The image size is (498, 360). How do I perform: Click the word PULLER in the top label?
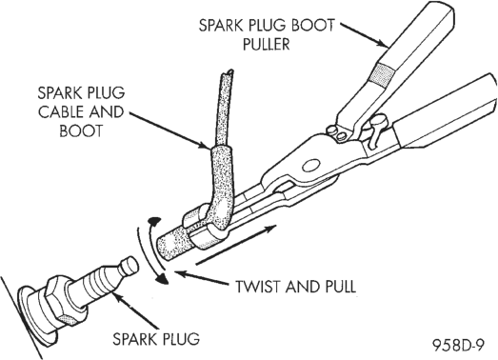point(267,44)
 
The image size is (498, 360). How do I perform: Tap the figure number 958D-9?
point(458,345)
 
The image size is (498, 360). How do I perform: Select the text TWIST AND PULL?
point(295,287)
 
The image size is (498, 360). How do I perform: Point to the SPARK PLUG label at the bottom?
point(156,339)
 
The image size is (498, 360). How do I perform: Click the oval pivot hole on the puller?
point(310,166)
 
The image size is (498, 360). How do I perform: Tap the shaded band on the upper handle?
point(384,74)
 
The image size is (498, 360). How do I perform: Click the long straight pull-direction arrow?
point(236,245)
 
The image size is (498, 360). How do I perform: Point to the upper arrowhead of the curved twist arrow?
point(154,222)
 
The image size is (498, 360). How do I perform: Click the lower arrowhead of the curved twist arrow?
point(164,278)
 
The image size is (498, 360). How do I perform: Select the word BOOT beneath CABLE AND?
point(81,130)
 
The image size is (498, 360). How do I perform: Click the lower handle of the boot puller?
point(445,117)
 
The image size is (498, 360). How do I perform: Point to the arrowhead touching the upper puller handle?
point(383,44)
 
